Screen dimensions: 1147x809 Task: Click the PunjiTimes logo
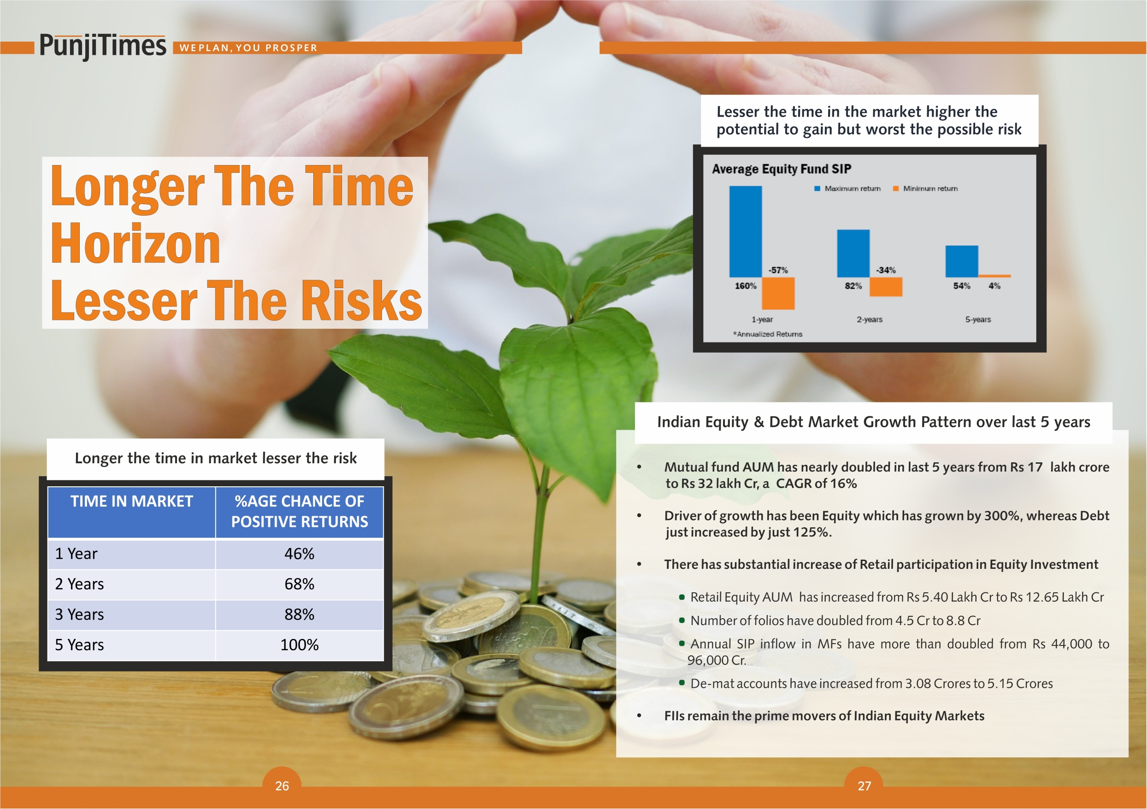click(x=102, y=46)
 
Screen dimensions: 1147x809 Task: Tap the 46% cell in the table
click(x=299, y=554)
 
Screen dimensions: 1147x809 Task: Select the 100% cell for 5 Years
click(x=299, y=644)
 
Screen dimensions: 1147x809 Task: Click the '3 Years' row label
click(x=79, y=614)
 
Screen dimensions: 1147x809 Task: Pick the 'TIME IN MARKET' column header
click(x=131, y=501)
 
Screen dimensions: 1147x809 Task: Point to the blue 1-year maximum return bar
click(x=745, y=231)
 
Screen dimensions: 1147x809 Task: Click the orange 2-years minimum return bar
click(x=886, y=287)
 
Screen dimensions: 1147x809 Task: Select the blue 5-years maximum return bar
click(x=962, y=261)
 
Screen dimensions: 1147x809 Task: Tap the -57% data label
click(x=778, y=270)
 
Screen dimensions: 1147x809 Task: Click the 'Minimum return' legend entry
click(x=926, y=189)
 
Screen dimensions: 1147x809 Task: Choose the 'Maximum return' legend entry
click(x=848, y=189)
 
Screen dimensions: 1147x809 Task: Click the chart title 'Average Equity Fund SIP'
click(x=781, y=169)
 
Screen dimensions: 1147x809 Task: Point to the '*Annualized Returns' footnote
click(x=767, y=334)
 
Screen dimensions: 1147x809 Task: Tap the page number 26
click(x=282, y=786)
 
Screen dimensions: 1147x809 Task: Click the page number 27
click(x=864, y=786)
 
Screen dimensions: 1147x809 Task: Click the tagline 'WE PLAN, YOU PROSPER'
click(x=248, y=48)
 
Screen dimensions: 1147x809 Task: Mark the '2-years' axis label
click(x=870, y=319)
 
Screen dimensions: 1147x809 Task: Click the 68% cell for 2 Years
click(x=299, y=584)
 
